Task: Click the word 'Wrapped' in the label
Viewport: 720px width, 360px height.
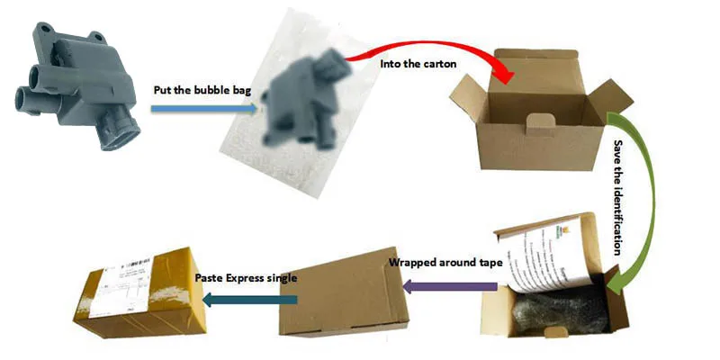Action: point(413,264)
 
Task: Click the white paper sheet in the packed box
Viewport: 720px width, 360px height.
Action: point(540,256)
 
